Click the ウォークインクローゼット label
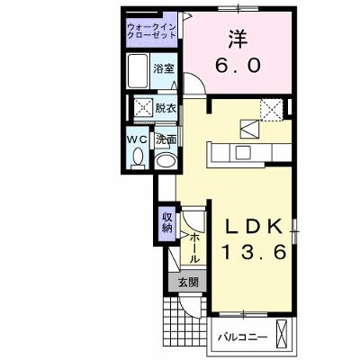coord(151,31)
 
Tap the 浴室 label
coord(164,68)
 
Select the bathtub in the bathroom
coord(138,71)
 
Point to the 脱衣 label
coord(166,108)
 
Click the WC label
coord(137,139)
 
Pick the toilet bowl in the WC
coord(139,158)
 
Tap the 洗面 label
coord(166,139)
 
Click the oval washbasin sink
coord(166,160)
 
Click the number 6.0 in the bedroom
coord(238,65)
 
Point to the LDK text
coord(254,226)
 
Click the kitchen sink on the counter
coord(243,153)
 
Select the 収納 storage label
coord(167,222)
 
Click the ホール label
coord(194,248)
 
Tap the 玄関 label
coord(188,282)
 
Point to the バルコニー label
coord(242,337)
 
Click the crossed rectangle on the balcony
coord(282,334)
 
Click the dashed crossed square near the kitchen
coord(272,110)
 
